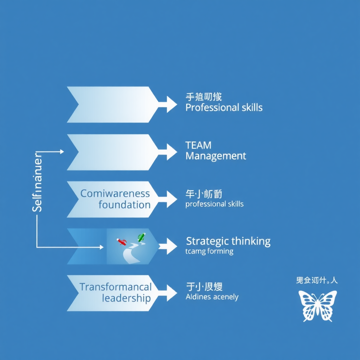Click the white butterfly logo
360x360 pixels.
click(x=317, y=306)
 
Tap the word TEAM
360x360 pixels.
click(x=198, y=145)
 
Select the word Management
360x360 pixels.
click(x=216, y=156)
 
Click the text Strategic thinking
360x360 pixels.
click(x=228, y=241)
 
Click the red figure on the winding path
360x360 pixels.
click(x=122, y=242)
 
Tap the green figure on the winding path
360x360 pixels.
click(x=141, y=237)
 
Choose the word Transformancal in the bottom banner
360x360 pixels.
click(x=116, y=287)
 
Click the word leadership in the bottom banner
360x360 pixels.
click(x=126, y=298)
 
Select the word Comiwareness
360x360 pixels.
click(x=115, y=193)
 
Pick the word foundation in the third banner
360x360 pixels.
click(x=124, y=205)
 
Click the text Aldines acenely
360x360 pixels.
click(x=212, y=297)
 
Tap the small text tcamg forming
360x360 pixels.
click(x=209, y=251)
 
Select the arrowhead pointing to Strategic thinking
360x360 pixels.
click(x=172, y=246)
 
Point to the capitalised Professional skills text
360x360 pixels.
click(x=224, y=108)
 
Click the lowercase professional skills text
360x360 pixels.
click(x=214, y=204)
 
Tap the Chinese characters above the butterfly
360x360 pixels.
click(x=317, y=281)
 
